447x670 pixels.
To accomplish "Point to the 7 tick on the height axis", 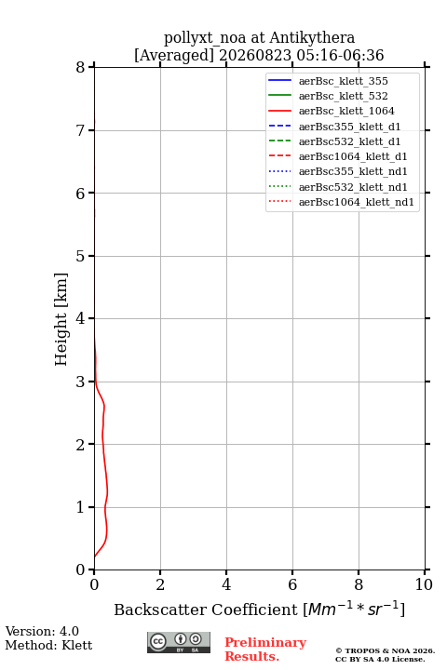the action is (91, 130).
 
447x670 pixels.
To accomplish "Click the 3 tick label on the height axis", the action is (80, 382).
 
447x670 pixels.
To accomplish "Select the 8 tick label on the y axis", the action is (80, 68).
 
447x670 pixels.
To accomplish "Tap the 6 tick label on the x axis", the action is (292, 584).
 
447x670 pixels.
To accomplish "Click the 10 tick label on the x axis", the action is (425, 584).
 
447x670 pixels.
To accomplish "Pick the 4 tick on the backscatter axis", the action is (226, 572).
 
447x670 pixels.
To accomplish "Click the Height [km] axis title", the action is (61, 319).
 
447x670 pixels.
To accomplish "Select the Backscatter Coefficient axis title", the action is (259, 609).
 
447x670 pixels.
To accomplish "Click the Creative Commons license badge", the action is (179, 643).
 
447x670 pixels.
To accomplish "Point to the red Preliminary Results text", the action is (265, 650).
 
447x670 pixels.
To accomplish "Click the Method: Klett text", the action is (48, 645).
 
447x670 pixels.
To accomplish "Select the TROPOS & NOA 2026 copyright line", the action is (385, 650).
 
